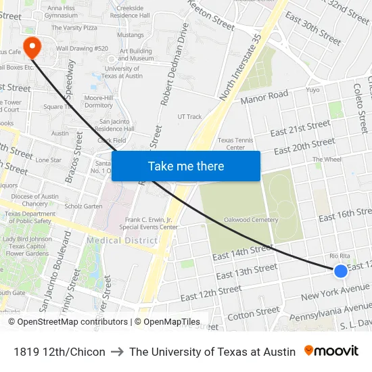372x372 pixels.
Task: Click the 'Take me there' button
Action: coord(186,166)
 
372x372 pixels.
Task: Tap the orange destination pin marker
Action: coord(32,47)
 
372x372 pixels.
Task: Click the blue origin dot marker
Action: coord(341,271)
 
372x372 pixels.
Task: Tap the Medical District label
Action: coord(122,241)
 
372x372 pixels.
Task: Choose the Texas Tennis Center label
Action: coord(235,144)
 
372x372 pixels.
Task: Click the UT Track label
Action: coord(189,116)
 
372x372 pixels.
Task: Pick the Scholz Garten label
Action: coord(83,206)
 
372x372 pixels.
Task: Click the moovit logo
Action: coord(331,351)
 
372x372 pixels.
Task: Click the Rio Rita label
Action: coord(339,256)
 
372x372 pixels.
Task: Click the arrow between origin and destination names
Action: coord(117,352)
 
